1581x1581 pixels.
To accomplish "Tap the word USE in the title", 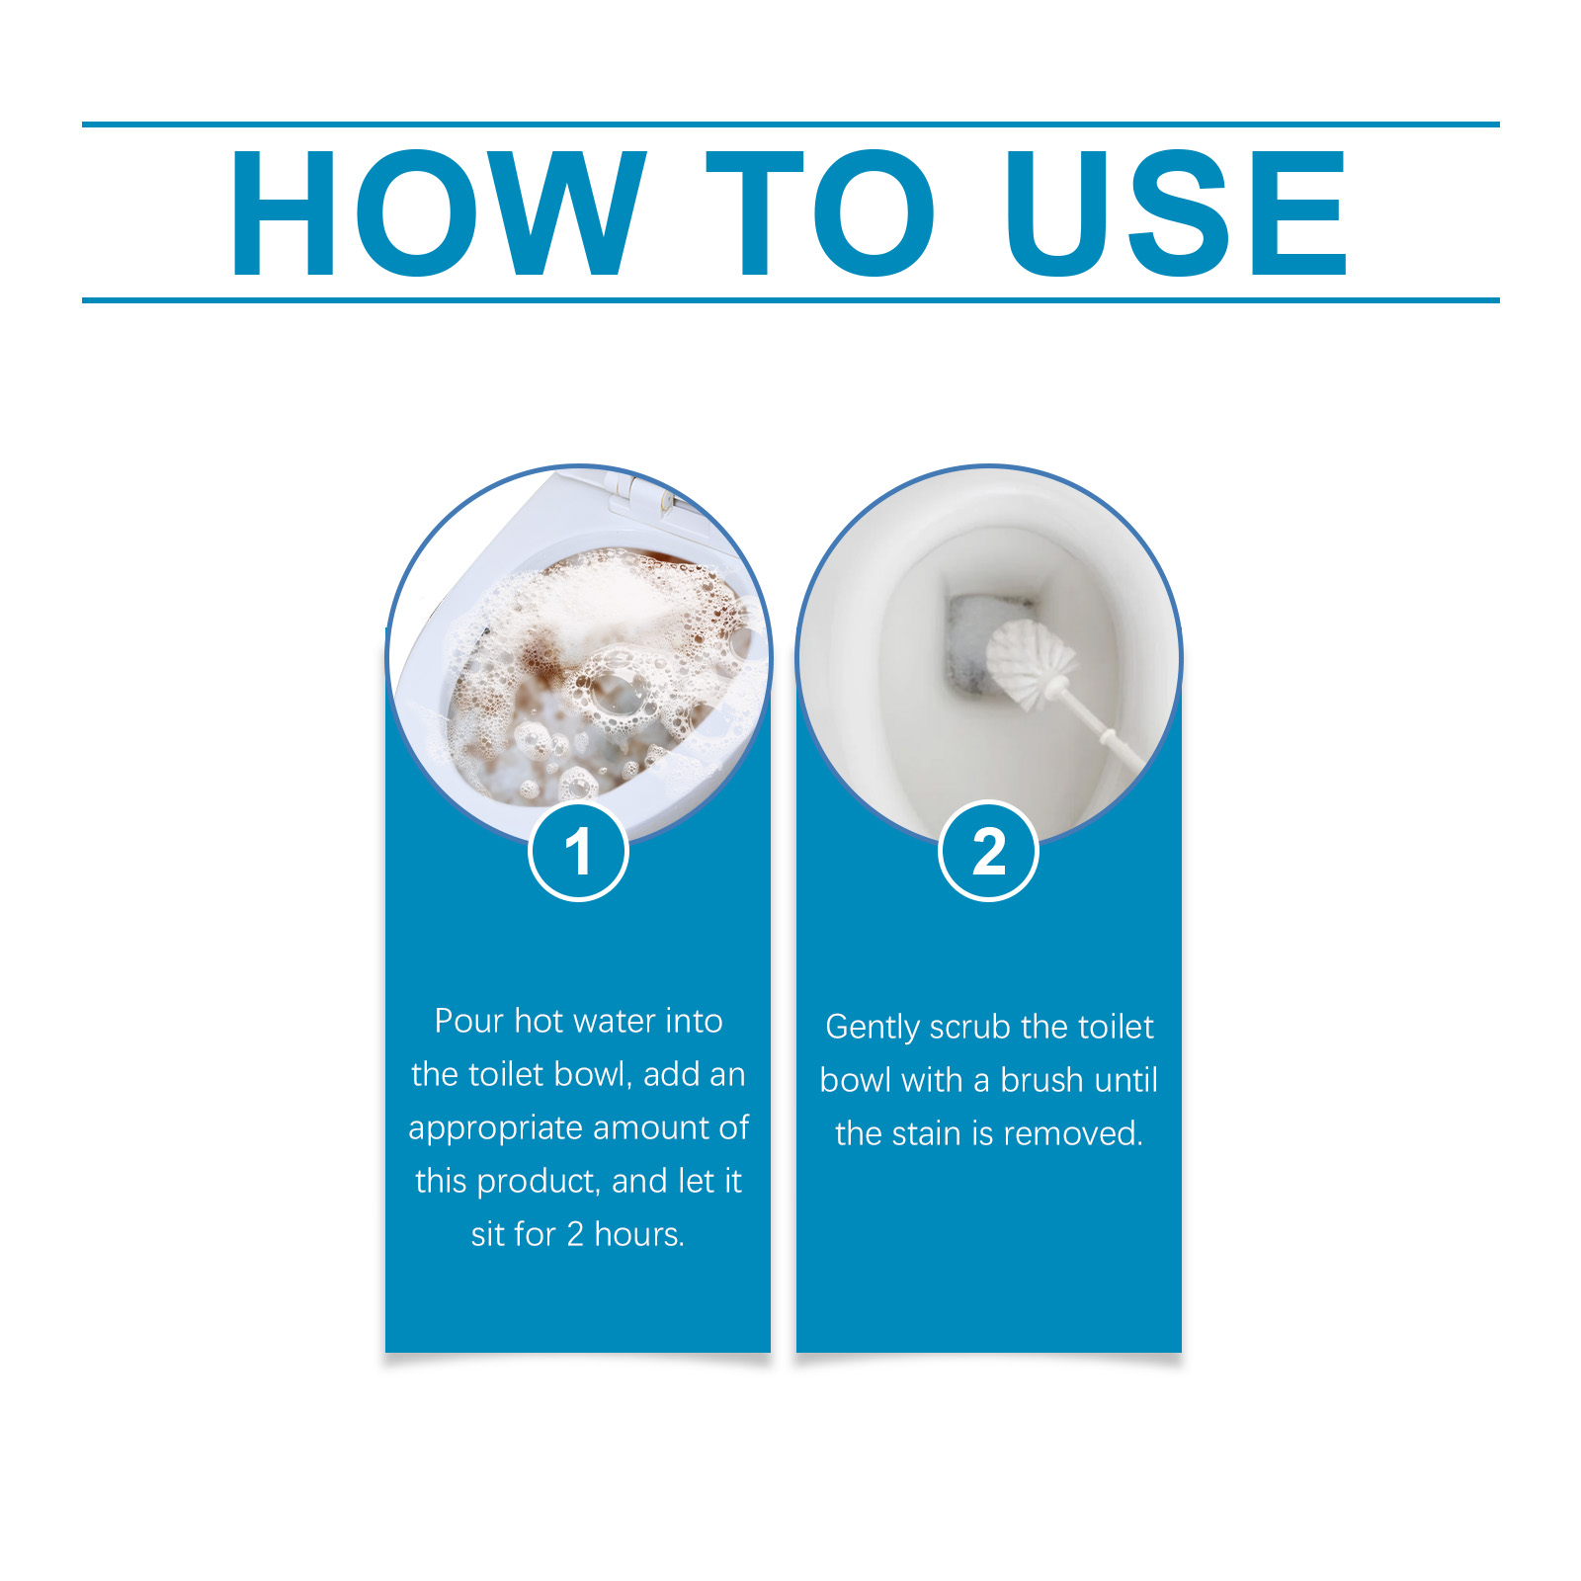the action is coord(1176,212).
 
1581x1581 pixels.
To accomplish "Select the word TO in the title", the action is coord(820,212).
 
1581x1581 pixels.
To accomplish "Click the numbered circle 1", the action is coord(578,851).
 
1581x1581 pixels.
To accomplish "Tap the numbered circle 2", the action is coord(988,851).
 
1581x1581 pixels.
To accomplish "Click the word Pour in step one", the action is coord(469,1021).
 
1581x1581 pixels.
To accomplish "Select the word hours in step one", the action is coord(639,1234).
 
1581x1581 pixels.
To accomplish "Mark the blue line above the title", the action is coord(790,125).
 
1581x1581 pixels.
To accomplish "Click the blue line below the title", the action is coord(790,299).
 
